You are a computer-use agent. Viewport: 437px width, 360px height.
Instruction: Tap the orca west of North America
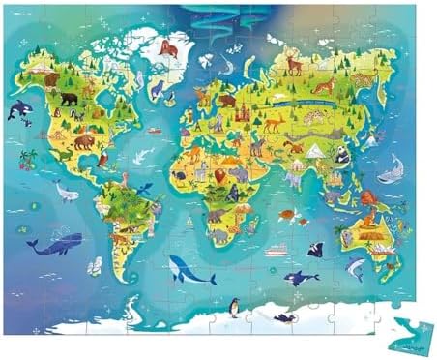point(19,111)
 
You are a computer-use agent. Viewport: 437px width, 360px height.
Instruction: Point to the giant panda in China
point(342,153)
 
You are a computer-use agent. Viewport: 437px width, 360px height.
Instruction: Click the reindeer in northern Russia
point(293,65)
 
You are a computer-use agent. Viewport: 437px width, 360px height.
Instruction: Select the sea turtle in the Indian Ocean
point(286,214)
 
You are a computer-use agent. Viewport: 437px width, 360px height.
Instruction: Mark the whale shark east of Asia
point(389,174)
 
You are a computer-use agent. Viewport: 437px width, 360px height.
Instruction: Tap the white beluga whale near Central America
point(66,193)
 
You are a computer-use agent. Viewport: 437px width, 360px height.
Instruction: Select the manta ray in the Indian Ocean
point(314,249)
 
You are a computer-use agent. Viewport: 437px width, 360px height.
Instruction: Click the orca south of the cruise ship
point(300,278)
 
